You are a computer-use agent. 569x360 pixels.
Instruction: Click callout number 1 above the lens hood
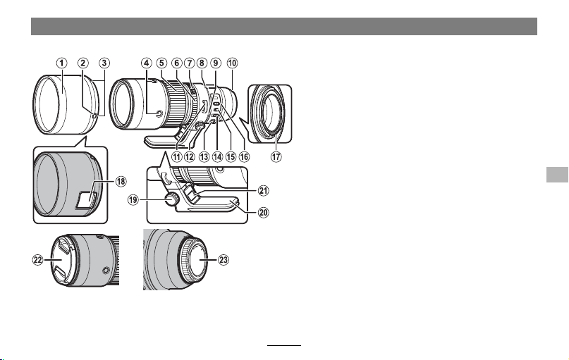(61, 63)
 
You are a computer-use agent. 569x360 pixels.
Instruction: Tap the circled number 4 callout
(146, 63)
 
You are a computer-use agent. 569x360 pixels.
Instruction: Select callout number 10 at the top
(232, 63)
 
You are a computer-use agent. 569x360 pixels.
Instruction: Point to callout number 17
(276, 156)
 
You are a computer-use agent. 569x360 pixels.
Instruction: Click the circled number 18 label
(121, 181)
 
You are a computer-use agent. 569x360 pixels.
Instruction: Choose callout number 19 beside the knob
(133, 199)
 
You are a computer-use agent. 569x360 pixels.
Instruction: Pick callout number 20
(264, 212)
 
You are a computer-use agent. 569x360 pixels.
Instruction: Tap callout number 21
(264, 190)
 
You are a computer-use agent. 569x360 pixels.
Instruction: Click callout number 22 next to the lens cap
(38, 260)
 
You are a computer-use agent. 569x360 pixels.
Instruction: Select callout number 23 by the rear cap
(224, 260)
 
